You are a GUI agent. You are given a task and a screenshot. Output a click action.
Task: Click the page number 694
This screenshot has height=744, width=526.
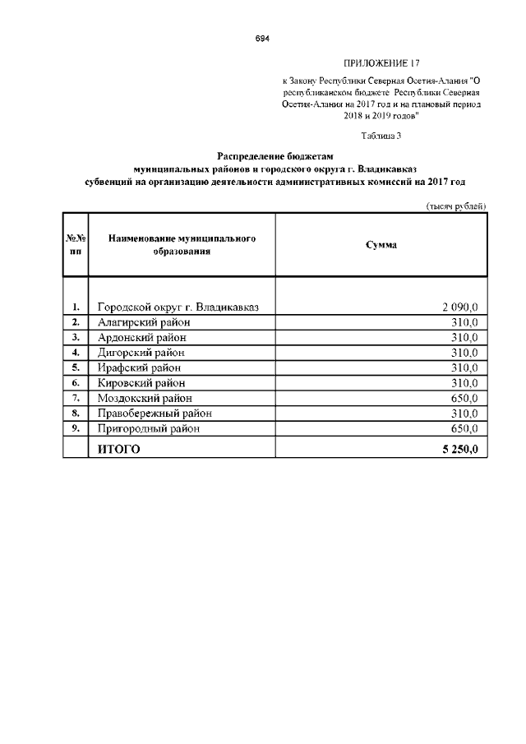coord(262,39)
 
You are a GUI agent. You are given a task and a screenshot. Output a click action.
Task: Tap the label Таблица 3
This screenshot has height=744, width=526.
coord(381,135)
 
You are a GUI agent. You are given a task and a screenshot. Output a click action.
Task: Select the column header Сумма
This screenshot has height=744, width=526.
coord(381,245)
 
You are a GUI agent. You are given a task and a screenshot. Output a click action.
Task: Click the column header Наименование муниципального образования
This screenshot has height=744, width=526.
coord(182,245)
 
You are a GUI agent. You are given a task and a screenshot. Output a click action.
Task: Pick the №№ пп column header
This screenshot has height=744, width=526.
coord(75,245)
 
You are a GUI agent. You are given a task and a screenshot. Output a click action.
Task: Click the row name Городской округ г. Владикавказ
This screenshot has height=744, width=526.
coord(178,307)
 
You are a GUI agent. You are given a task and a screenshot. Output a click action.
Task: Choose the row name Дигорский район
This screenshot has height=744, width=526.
coord(143,353)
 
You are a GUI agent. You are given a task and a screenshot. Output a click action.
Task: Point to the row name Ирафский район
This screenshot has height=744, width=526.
coord(139,367)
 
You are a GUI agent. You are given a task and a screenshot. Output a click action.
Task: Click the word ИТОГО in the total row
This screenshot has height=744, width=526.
coord(119,449)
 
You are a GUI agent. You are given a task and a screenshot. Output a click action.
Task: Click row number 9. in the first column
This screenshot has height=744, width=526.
coord(75,428)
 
